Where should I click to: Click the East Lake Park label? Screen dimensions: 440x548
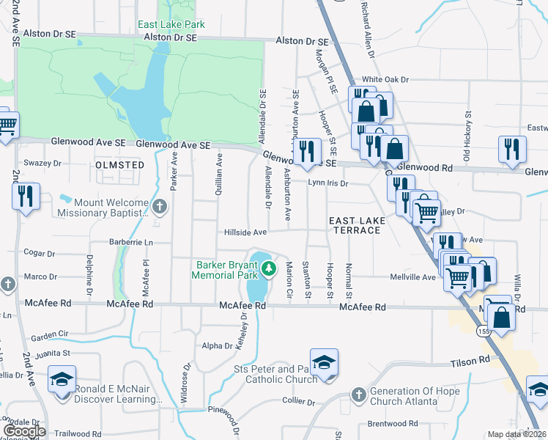[x=171, y=24]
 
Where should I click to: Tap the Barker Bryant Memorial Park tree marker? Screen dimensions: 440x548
[x=269, y=269]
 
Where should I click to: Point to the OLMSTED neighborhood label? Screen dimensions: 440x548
[x=120, y=165]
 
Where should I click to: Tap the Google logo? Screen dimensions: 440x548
[x=23, y=431]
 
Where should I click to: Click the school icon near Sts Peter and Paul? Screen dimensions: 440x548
[x=324, y=363]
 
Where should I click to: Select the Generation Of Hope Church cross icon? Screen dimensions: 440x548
[x=358, y=395]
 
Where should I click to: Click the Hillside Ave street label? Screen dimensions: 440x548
[x=245, y=232]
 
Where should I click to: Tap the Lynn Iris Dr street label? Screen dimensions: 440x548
[x=327, y=183]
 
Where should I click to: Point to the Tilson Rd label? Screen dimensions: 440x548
[x=474, y=361]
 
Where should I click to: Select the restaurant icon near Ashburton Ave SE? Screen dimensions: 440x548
[x=307, y=150]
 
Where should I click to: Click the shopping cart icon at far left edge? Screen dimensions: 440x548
[x=6, y=125]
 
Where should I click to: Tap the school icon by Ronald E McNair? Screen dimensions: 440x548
[x=62, y=380]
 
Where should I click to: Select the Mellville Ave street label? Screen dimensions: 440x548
[x=419, y=277]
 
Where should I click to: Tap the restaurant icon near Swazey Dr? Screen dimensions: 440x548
[x=26, y=197]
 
